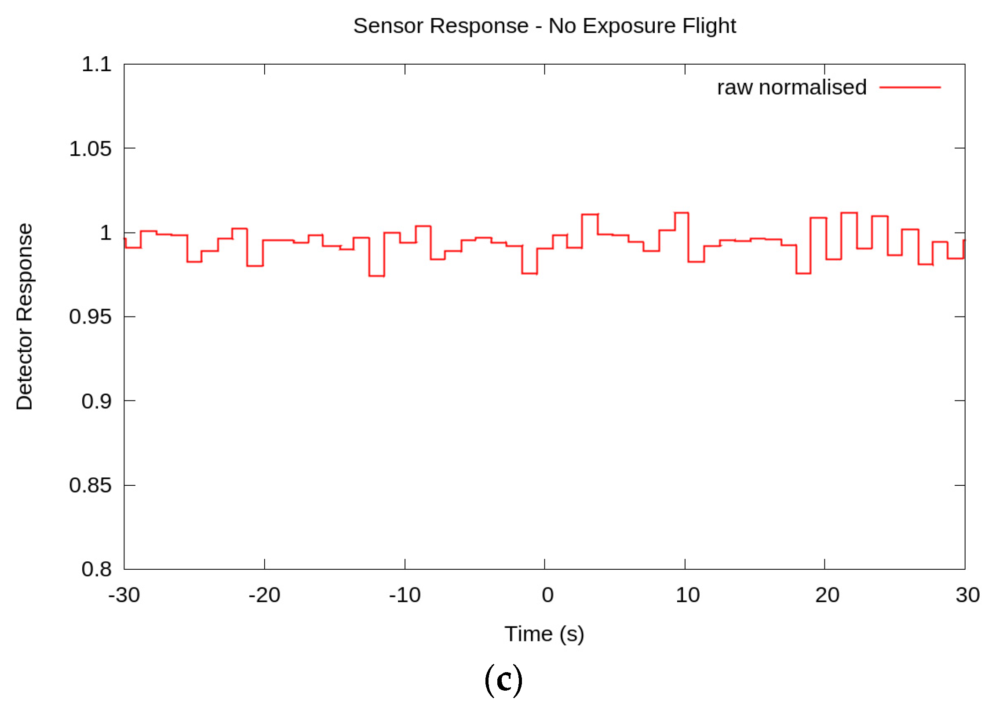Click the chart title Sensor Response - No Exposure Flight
[x=544, y=26]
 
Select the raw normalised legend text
[x=791, y=87]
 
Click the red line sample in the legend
[x=910, y=87]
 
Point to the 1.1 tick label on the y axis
[x=97, y=65]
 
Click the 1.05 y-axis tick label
[x=91, y=149]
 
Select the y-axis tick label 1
[x=106, y=233]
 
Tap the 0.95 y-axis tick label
[x=91, y=317]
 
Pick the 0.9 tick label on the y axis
[x=97, y=401]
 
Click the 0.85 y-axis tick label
[x=91, y=485]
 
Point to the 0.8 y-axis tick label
[x=97, y=569]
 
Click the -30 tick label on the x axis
[x=124, y=595]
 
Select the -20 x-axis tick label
[x=264, y=595]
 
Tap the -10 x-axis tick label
[x=405, y=595]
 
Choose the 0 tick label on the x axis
[x=547, y=595]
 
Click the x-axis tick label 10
[x=688, y=595]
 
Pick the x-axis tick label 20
[x=827, y=595]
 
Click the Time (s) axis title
[x=544, y=634]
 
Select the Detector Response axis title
[x=25, y=317]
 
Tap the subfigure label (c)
[x=503, y=680]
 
